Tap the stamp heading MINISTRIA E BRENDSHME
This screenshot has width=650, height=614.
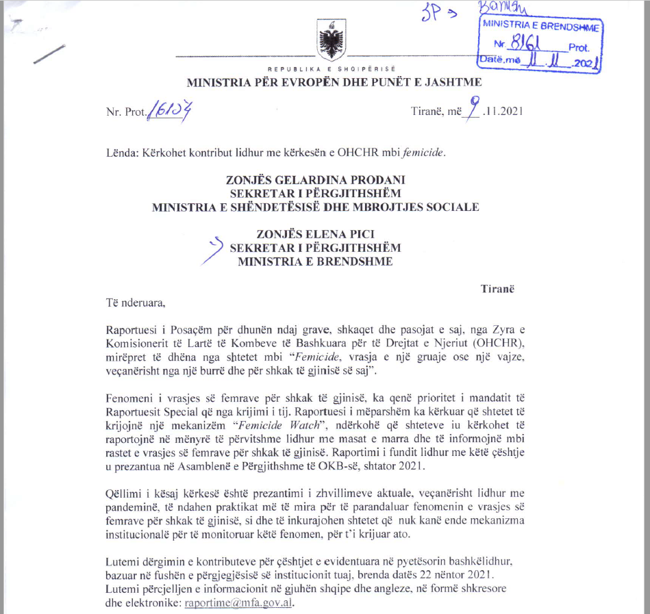pyautogui.click(x=542, y=27)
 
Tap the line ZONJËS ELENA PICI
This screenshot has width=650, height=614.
pyautogui.click(x=315, y=235)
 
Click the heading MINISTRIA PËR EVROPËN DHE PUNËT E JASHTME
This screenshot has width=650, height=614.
pyautogui.click(x=335, y=83)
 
